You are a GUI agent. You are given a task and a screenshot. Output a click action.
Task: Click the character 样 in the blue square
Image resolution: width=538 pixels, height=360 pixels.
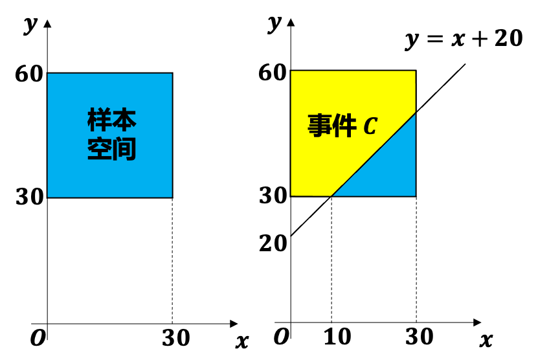[100, 120]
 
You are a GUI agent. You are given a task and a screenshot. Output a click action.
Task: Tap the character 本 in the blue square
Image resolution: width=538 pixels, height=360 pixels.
[124, 120]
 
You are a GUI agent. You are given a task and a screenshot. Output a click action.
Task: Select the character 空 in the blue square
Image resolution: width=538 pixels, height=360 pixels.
[100, 149]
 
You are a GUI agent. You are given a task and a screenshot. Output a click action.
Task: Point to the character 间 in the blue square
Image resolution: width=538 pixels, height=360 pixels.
[124, 149]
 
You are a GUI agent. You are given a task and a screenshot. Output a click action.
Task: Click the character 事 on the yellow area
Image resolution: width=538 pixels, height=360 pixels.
[319, 126]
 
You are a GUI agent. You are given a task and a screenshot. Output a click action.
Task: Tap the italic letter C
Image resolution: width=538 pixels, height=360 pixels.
[370, 126]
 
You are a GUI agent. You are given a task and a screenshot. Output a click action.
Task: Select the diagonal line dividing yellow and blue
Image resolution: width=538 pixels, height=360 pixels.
[372, 155]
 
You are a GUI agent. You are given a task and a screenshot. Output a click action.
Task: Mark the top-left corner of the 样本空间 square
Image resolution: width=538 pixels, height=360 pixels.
[48, 74]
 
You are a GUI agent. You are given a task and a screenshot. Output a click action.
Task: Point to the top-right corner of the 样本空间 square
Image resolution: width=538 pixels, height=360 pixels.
[172, 74]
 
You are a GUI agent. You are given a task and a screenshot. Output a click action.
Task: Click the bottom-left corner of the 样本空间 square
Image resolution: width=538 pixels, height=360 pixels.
[48, 196]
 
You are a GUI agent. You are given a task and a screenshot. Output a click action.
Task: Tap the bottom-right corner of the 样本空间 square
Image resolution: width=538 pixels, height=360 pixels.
[172, 196]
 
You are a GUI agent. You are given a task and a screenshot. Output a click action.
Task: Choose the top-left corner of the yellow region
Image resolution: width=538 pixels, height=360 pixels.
[291, 71]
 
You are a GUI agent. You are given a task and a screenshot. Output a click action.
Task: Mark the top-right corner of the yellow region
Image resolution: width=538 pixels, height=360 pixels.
[415, 71]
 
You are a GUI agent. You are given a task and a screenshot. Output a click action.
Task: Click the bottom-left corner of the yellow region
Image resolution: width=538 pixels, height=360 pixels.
[291, 196]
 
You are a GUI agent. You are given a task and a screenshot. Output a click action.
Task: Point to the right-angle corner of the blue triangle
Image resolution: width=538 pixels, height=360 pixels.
[415, 196]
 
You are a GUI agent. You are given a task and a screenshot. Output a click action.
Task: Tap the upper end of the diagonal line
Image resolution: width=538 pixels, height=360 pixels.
[415, 113]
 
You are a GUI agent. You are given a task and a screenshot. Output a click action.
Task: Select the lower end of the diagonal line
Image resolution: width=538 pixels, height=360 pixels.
[331, 196]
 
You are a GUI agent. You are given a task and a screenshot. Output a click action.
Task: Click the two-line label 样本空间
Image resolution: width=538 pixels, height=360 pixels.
[111, 135]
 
